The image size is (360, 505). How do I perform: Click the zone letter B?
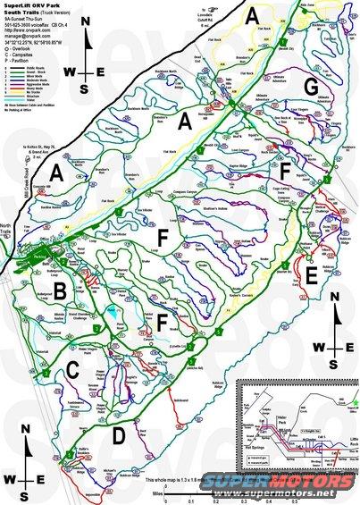[x=61, y=291]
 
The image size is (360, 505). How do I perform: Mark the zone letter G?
[x=310, y=86]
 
